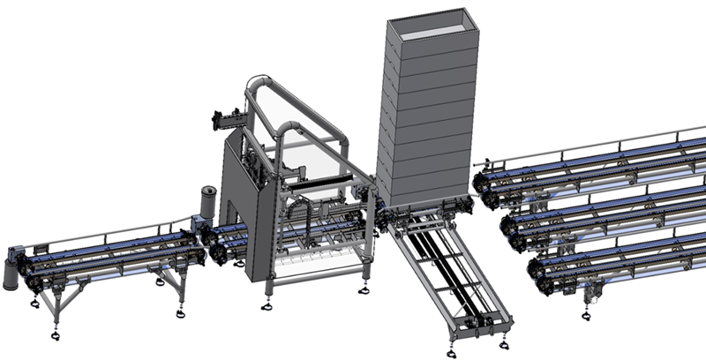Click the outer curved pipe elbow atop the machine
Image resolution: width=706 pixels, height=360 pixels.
pos(260,84)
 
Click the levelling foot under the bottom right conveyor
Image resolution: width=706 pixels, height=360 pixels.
pos(586,314)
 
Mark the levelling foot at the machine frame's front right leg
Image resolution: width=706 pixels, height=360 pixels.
pos(363,289)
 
